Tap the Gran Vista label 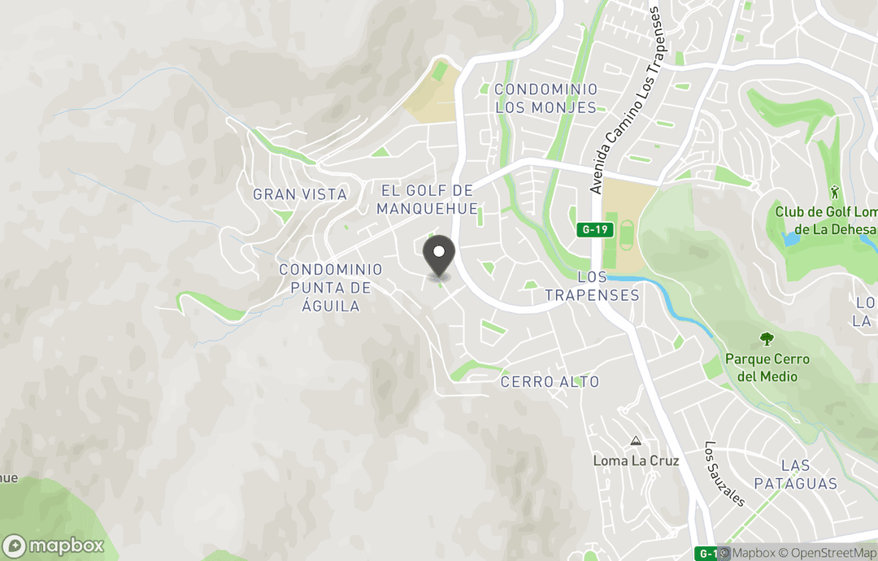coord(300,194)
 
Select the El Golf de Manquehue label coord(427,199)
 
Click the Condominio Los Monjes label coord(545,98)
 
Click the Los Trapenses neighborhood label coord(592,286)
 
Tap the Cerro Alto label coord(550,381)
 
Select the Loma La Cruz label coord(636,460)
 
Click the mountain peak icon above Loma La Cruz coord(636,441)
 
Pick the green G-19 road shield coord(594,229)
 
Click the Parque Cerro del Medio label coord(767,367)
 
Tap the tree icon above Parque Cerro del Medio coord(766,339)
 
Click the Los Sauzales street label coord(724,473)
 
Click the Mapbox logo coord(54,546)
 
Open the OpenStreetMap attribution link coord(829,553)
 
